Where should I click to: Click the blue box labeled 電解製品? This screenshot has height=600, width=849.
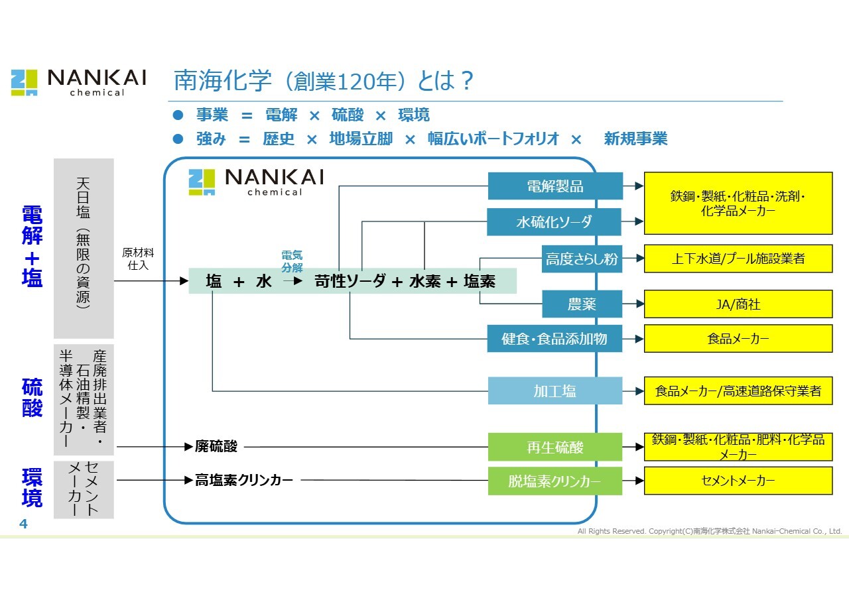click(555, 186)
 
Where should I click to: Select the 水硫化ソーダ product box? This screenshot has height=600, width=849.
click(554, 222)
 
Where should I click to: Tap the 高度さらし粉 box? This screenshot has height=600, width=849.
click(582, 259)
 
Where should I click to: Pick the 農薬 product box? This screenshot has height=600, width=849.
click(582, 304)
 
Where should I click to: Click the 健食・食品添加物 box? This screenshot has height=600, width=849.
click(554, 339)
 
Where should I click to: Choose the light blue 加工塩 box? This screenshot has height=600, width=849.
click(555, 391)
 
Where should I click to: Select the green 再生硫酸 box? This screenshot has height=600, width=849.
click(555, 447)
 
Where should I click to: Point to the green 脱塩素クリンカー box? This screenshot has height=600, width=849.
click(555, 481)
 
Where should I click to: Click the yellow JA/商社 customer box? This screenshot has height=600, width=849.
click(738, 304)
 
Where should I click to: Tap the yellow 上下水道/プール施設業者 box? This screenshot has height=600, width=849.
click(738, 259)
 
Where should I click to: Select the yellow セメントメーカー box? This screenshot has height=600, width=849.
click(738, 481)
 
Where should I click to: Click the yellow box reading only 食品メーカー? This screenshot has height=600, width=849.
click(738, 339)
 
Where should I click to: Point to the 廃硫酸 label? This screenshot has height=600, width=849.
click(216, 447)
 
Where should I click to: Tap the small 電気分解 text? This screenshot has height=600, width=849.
click(292, 262)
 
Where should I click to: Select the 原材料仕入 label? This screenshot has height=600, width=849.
click(138, 259)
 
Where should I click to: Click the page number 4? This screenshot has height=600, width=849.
click(23, 524)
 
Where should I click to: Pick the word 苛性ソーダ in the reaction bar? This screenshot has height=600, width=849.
click(350, 281)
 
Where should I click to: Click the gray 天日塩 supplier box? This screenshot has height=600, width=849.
click(84, 248)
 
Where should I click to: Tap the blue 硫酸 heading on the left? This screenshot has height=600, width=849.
click(33, 398)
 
